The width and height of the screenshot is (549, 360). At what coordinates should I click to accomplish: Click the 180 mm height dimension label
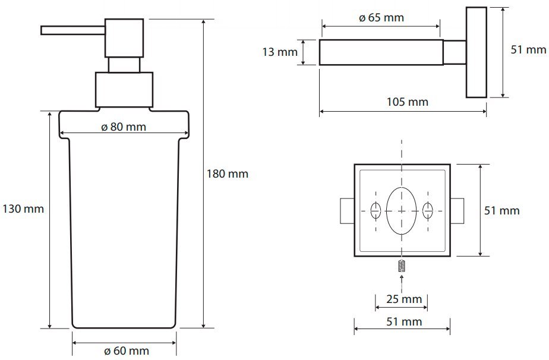pyautogui.click(x=227, y=173)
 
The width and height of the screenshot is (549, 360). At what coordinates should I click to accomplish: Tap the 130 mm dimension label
pyautogui.click(x=23, y=209)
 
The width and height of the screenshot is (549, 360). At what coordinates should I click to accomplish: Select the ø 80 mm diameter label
pyautogui.click(x=124, y=127)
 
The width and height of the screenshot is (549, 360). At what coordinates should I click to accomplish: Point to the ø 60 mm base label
pyautogui.click(x=127, y=350)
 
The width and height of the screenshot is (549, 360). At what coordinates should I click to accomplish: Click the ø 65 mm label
pyautogui.click(x=381, y=17)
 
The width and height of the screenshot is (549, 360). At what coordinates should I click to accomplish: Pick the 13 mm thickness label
pyautogui.click(x=280, y=52)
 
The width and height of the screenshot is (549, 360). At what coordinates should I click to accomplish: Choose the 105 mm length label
pyautogui.click(x=407, y=102)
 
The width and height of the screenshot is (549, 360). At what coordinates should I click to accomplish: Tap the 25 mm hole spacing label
pyautogui.click(x=404, y=299)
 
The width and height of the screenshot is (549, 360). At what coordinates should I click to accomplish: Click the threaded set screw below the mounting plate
pyautogui.click(x=402, y=266)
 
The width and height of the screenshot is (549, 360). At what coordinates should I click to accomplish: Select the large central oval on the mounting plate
pyautogui.click(x=402, y=211)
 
